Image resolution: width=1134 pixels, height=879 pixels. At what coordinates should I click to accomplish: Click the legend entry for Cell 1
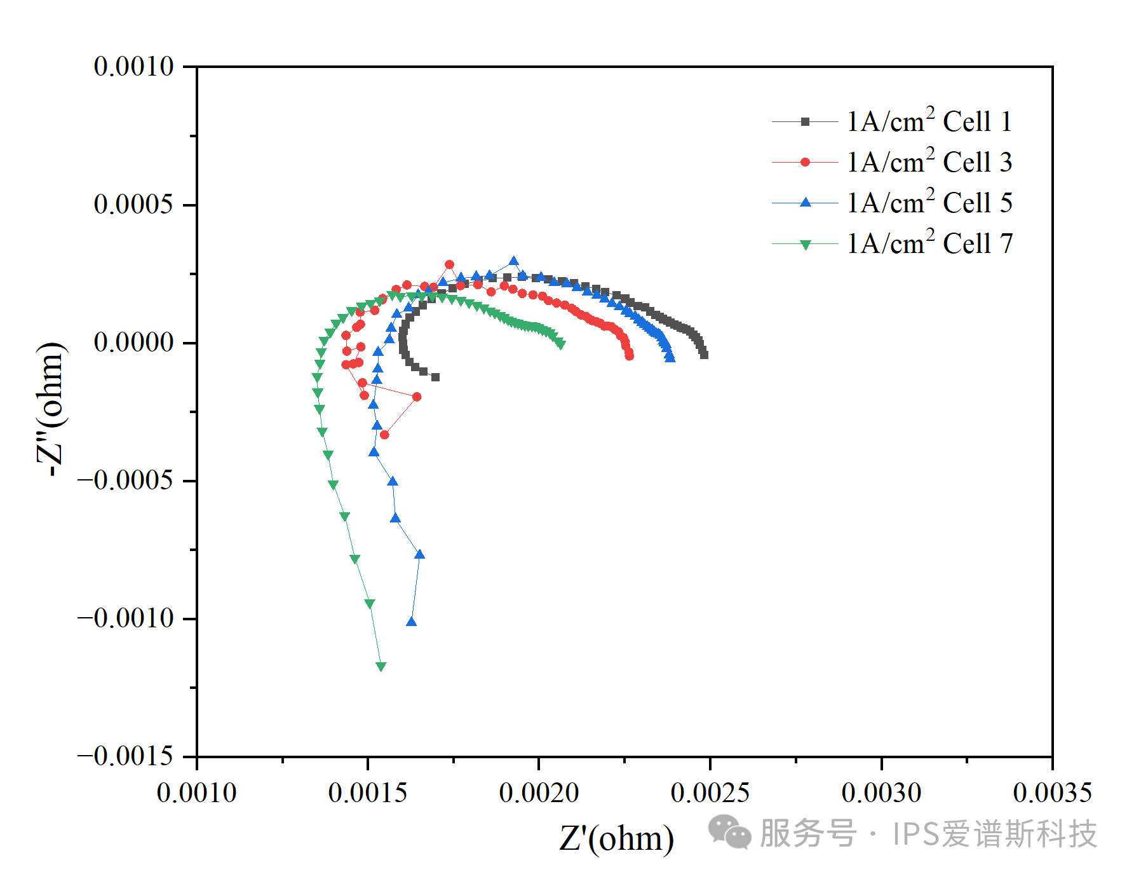[x=929, y=121]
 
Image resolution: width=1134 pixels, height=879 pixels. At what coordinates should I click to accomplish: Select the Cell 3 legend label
[x=929, y=162]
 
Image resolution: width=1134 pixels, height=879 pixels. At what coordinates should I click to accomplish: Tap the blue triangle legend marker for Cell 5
[x=806, y=203]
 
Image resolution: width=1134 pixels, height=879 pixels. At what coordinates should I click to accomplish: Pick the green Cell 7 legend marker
[x=806, y=244]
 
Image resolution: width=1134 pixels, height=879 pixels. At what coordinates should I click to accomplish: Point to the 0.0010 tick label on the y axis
[x=133, y=66]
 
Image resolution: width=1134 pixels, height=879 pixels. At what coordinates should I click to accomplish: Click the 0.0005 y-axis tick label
[x=133, y=204]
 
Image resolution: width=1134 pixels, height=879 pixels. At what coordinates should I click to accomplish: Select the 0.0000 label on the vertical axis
[x=133, y=342]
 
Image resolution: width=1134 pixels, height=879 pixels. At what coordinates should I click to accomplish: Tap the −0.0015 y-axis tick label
[x=125, y=756]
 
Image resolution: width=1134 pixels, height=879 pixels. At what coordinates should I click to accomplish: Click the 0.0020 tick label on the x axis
[x=539, y=793]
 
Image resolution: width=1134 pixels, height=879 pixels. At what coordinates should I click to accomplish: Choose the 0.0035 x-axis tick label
[x=1052, y=793]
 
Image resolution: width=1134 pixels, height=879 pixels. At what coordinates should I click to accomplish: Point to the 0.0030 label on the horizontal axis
[x=881, y=793]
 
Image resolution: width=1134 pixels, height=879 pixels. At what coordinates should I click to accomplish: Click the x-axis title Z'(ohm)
[x=616, y=838]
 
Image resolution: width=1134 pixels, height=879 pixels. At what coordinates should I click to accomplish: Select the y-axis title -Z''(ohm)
[x=51, y=409]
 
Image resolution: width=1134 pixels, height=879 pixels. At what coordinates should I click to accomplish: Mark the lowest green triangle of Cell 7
[x=381, y=667]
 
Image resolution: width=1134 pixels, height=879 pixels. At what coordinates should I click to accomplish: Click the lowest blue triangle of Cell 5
[x=411, y=622]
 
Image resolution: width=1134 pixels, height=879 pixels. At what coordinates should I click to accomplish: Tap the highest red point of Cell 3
[x=449, y=264]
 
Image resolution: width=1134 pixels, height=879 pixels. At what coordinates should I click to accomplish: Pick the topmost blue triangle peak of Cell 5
[x=513, y=261]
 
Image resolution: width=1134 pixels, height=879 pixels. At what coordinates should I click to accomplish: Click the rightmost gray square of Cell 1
[x=704, y=355]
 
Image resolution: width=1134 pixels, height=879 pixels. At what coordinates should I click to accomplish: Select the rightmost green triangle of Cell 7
[x=561, y=344]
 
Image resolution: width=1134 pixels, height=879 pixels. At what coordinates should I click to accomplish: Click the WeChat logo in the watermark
[x=729, y=833]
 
